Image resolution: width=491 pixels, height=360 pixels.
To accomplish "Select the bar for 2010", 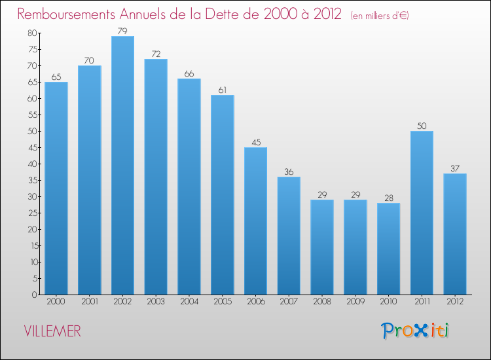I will coord(388,249).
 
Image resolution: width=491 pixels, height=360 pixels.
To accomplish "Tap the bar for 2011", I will coord(422,213).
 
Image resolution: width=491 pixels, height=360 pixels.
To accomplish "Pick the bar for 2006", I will coord(255,221).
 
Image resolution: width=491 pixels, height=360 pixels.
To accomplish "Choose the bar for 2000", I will coord(56,189).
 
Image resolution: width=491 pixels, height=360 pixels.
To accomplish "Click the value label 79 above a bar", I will coord(122,31).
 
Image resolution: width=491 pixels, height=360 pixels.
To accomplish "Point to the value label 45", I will coord(255,142).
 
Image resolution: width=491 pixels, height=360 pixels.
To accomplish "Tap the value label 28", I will coord(388,198).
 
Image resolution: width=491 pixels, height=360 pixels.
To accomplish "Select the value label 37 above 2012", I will coord(455,168).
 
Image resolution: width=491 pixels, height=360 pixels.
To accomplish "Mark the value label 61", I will coord(223,90).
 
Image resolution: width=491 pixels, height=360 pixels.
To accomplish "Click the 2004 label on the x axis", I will coord(189,302).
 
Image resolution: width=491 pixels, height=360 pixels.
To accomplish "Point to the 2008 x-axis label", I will coord(322,302).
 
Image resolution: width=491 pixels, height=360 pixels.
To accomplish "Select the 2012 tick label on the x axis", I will coord(455,302).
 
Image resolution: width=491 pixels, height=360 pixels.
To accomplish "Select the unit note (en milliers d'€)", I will coord(380,15).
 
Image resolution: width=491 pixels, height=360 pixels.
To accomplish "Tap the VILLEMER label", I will coord(52,332).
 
